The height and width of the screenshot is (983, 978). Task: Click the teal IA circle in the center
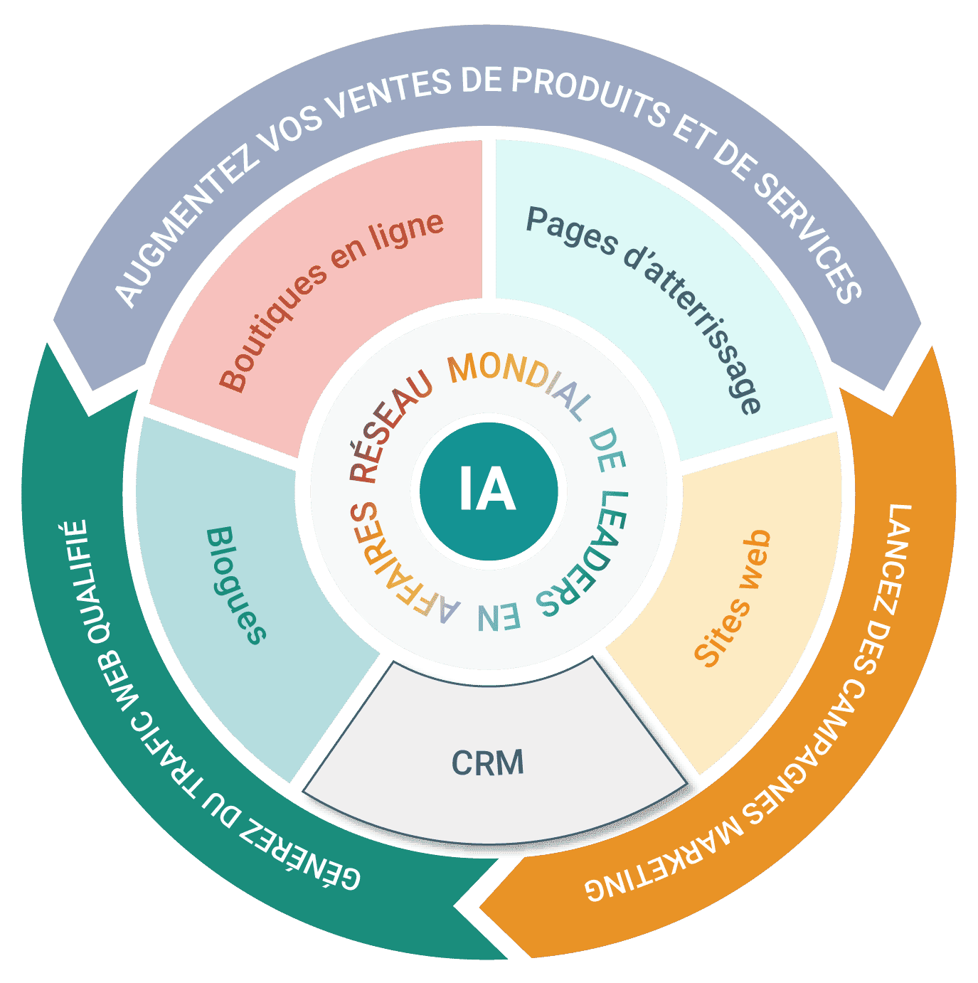488,491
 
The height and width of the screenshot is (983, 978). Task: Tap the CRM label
488,763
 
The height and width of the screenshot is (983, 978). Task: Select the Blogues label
235,585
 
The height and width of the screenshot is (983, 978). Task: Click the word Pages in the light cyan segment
571,230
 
